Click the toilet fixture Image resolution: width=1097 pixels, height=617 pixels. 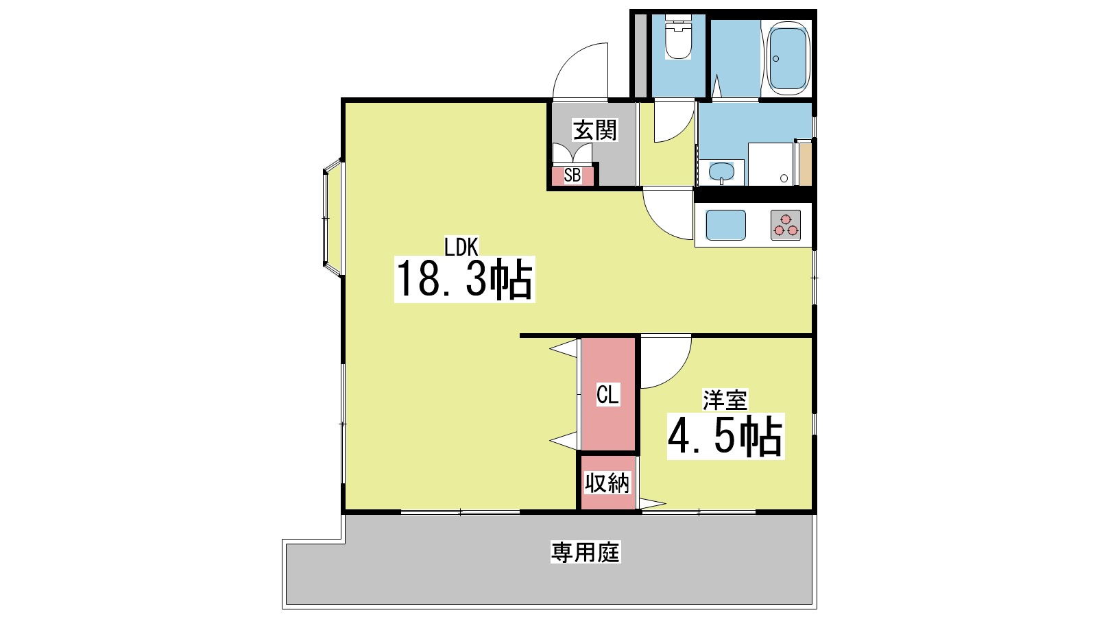(x=679, y=40)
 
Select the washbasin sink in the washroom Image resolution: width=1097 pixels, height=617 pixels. (x=721, y=171)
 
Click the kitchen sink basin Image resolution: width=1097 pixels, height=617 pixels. (x=725, y=225)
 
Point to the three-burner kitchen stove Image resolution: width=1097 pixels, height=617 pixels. (x=786, y=225)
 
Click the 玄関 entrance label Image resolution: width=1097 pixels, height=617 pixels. (x=595, y=130)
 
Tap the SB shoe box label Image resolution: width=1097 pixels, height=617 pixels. (x=572, y=176)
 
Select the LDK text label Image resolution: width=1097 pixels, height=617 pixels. (x=461, y=246)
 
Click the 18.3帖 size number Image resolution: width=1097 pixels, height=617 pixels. (x=464, y=279)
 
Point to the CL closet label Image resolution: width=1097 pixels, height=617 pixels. (x=607, y=395)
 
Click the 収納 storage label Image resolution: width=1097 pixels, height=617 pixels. (x=607, y=483)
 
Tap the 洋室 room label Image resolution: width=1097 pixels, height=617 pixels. (x=725, y=400)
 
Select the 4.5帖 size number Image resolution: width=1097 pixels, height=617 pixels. (x=725, y=437)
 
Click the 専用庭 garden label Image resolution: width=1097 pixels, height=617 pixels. (x=586, y=552)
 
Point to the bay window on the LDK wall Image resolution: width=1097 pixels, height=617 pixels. (x=332, y=218)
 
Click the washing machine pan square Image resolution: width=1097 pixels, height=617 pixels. (x=771, y=164)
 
